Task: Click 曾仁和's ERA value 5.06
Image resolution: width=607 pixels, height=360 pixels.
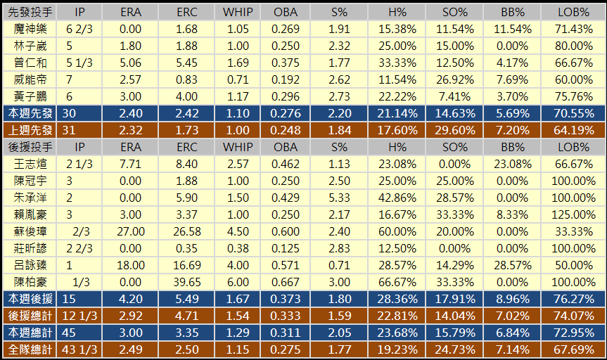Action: tap(131, 62)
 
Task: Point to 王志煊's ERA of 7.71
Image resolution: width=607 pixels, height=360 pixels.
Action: tap(131, 164)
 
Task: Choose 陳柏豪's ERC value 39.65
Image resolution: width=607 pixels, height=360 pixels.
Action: tap(187, 282)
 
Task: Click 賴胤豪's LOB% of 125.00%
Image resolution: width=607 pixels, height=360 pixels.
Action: tap(572, 214)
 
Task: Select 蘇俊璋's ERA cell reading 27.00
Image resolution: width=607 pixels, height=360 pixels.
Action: tap(131, 231)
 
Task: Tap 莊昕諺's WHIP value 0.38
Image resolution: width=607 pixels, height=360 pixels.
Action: tap(237, 248)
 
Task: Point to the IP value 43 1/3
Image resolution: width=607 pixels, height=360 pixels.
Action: tap(79, 349)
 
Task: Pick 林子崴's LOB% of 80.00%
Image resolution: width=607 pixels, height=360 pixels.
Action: tap(572, 45)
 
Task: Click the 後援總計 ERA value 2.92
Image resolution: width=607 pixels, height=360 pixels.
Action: tap(131, 316)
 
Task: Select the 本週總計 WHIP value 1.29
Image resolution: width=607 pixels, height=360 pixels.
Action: tap(237, 333)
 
